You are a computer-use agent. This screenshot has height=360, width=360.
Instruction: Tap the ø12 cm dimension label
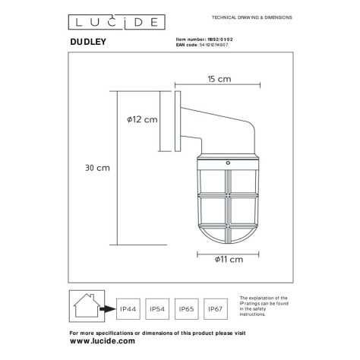(x=142, y=119)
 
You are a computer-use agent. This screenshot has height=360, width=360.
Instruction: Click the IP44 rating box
(x=128, y=309)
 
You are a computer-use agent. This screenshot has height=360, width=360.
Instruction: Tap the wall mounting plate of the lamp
(x=177, y=119)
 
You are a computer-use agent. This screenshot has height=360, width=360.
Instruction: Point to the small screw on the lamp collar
(x=228, y=161)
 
